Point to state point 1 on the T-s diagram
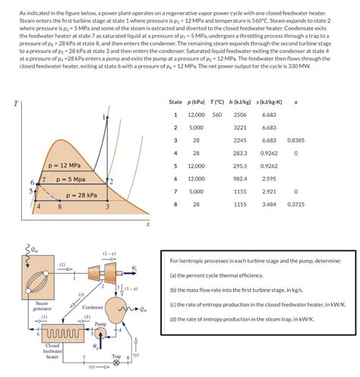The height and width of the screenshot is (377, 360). (x=104, y=118)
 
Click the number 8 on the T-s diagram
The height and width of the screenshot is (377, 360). (x=58, y=206)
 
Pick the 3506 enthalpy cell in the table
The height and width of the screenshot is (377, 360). (x=240, y=115)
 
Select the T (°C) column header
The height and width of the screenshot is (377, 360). (x=216, y=102)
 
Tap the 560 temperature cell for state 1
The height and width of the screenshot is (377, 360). (x=216, y=115)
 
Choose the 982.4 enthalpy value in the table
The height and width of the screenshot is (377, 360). (x=240, y=179)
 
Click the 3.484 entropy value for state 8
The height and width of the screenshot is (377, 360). (x=269, y=204)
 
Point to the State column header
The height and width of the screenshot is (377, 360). (x=175, y=102)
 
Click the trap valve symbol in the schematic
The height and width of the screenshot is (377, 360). (x=115, y=363)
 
